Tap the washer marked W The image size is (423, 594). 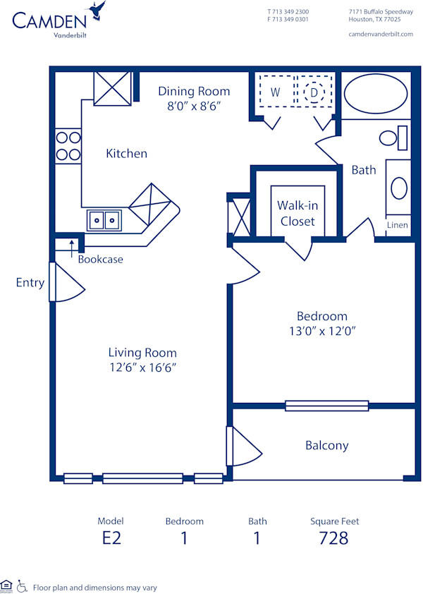(x=276, y=92)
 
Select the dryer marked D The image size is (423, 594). (x=314, y=92)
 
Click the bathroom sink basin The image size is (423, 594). (x=399, y=189)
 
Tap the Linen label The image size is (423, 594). (x=397, y=225)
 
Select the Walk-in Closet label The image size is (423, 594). (x=297, y=213)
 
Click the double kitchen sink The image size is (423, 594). (x=104, y=220)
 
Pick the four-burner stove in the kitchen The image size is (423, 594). (x=68, y=145)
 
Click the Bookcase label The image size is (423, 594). (x=100, y=259)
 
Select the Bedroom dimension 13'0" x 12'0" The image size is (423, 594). (x=321, y=331)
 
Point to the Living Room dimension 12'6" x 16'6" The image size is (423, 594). (x=142, y=367)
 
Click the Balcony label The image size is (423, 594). (x=326, y=445)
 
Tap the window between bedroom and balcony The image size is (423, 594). (x=326, y=406)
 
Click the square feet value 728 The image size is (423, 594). (x=334, y=538)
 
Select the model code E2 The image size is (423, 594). (x=111, y=538)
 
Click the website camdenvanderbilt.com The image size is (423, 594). (x=381, y=34)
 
